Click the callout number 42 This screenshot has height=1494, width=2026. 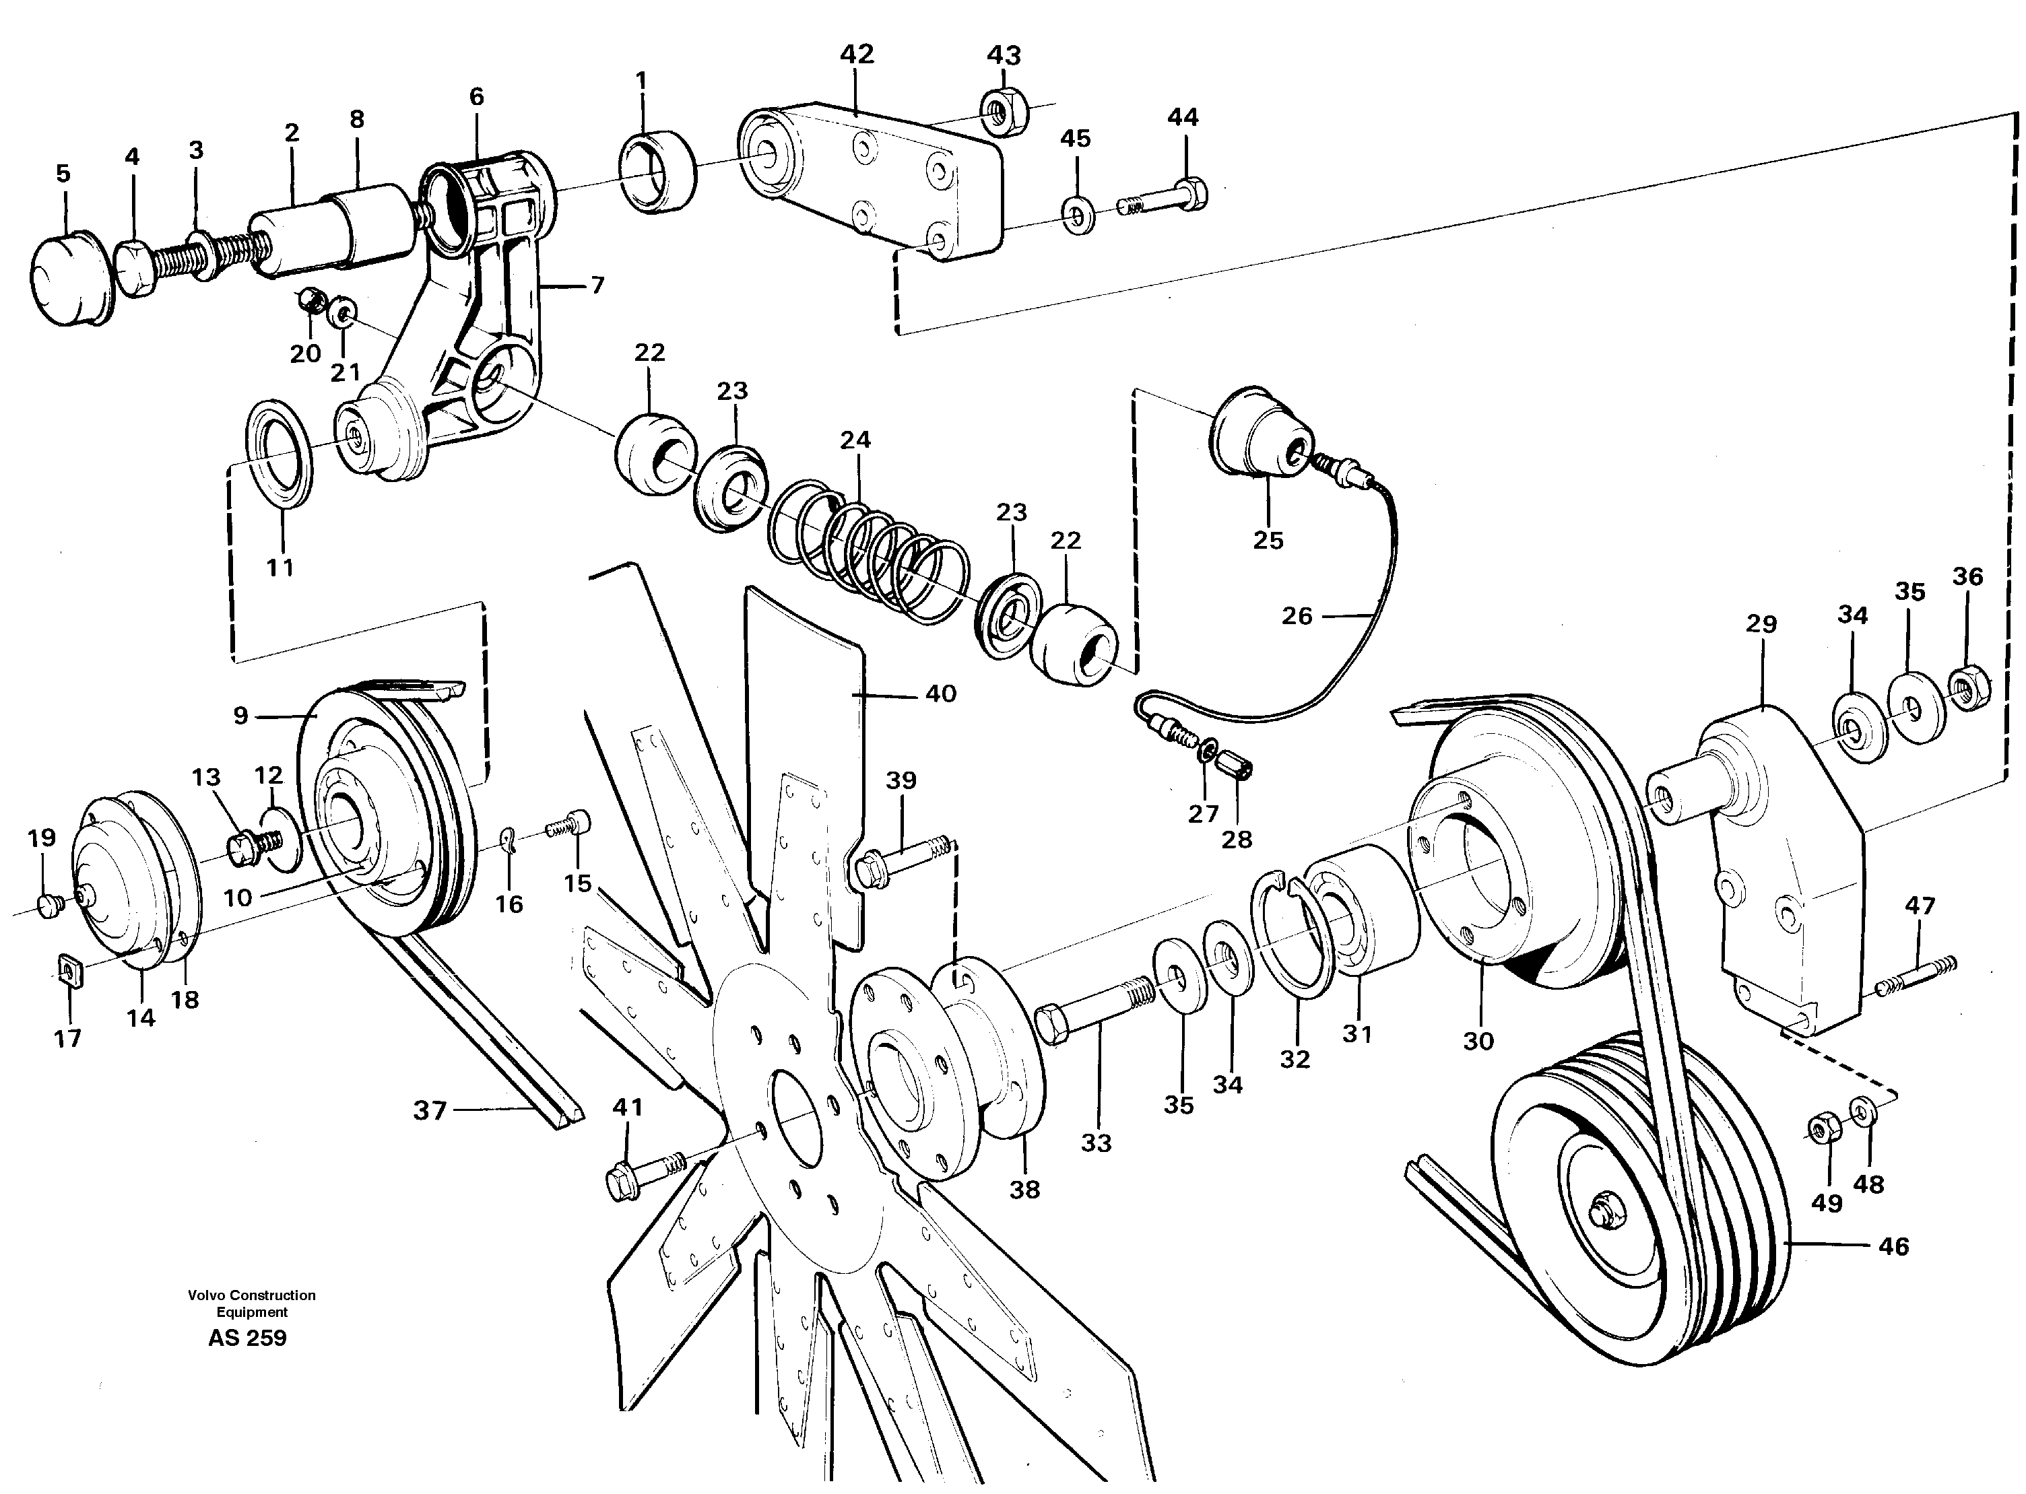(857, 55)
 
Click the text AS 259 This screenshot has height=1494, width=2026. (247, 1338)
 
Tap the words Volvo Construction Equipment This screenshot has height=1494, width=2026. (251, 1303)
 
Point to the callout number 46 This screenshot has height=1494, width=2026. (1893, 1246)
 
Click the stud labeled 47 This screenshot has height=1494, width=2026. (1916, 976)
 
